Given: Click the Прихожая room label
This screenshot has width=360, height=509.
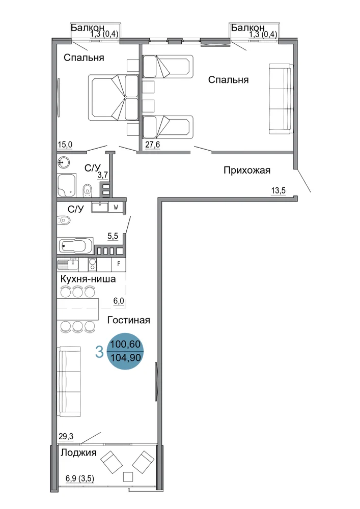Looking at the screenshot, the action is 247,170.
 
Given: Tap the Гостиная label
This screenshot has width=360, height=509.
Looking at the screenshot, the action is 128,320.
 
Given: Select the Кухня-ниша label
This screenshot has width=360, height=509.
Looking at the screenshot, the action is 88,278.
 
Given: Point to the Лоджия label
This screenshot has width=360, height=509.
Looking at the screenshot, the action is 78,453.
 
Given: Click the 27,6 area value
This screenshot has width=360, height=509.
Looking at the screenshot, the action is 153,144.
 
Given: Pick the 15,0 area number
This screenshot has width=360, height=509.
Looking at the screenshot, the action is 65,145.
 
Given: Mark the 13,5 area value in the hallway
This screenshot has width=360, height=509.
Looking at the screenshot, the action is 278,190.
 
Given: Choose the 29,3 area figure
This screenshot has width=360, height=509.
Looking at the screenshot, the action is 66,437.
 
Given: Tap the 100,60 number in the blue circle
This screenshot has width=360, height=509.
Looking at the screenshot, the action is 125,344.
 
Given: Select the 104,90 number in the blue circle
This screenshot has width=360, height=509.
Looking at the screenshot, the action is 125,358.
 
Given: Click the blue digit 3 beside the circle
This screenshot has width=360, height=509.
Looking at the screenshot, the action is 99,352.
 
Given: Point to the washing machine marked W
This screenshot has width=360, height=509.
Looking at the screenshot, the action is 116,208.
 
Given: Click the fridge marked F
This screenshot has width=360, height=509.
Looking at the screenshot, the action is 119,264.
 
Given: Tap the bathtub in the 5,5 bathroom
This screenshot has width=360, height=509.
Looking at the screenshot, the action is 75,246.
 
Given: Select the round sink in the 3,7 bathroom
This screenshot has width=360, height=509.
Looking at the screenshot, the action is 64,162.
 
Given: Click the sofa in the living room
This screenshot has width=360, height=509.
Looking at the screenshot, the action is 69,382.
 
